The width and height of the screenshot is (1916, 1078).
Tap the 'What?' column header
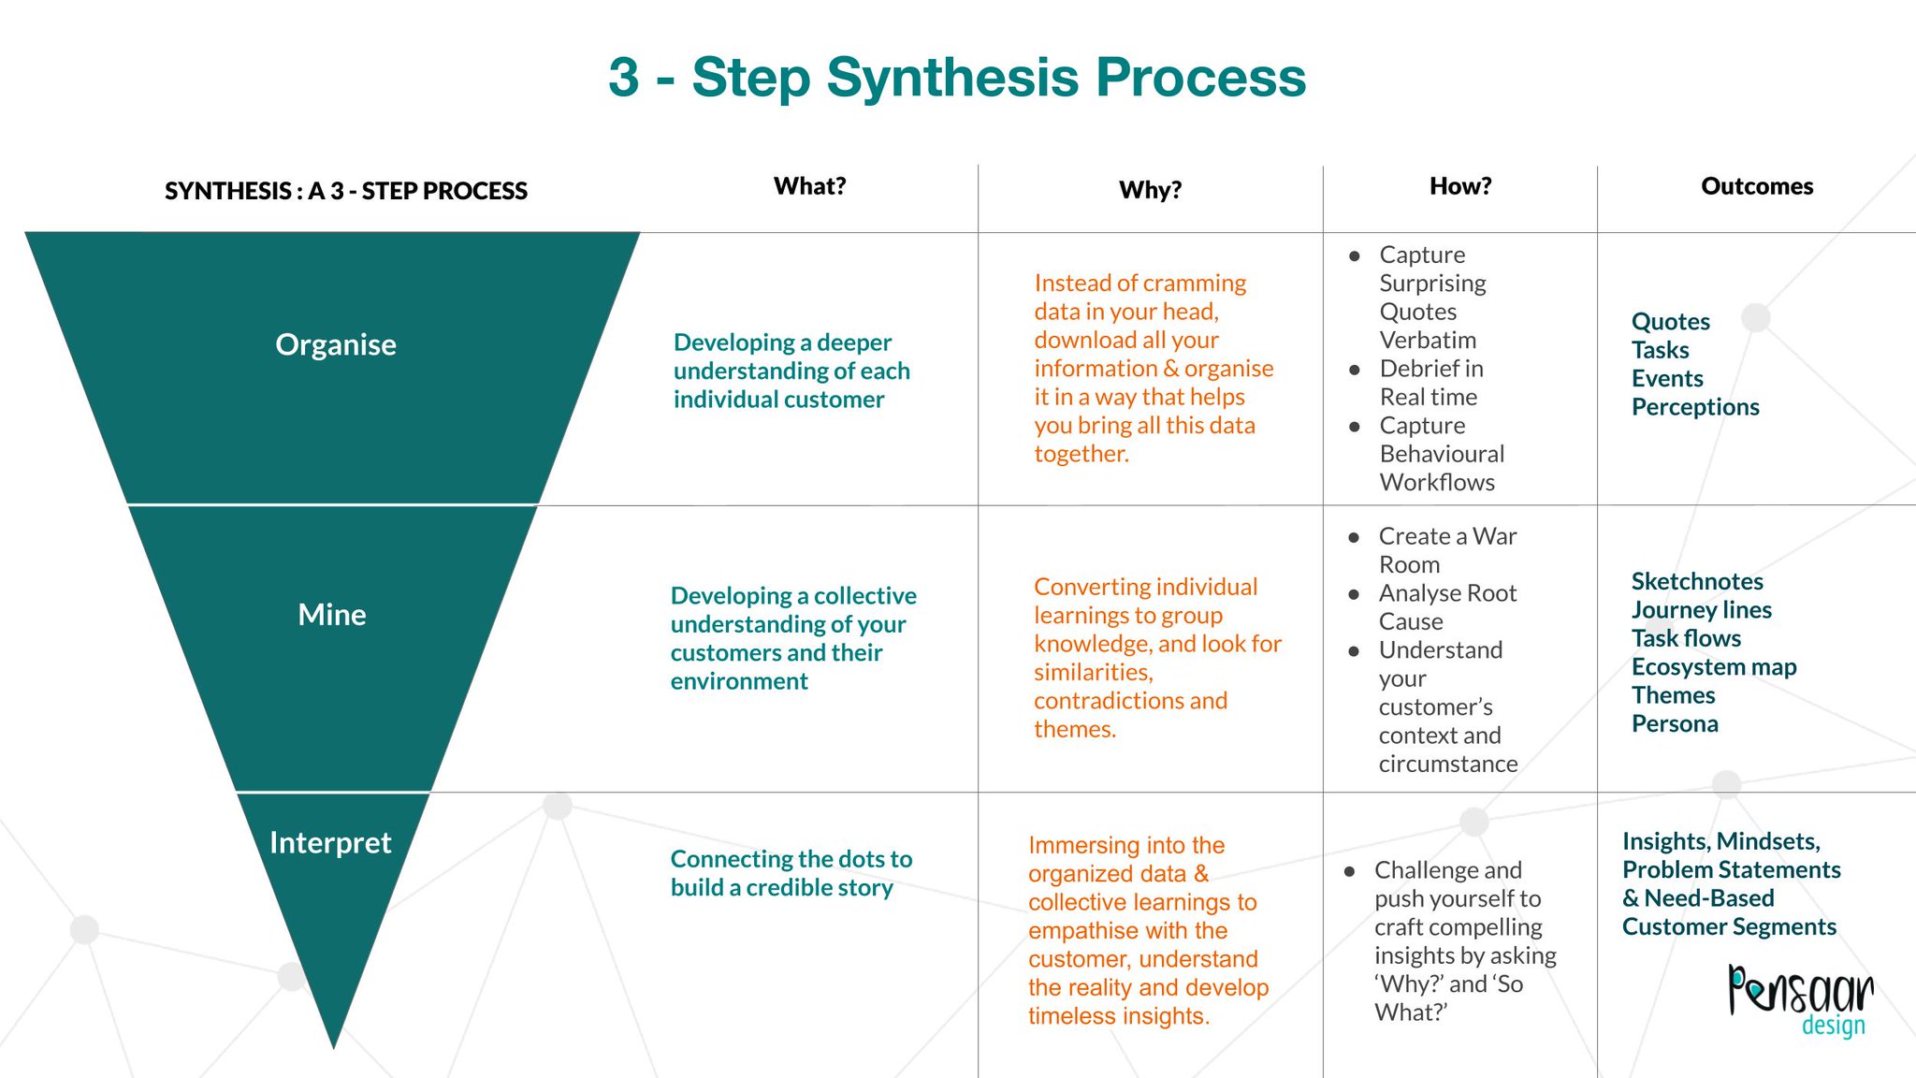click(x=809, y=186)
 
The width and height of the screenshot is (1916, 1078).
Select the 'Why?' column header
click(x=1150, y=190)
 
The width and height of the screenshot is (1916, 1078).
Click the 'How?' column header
click(x=1459, y=186)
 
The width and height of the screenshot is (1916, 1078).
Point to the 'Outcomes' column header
click(x=1756, y=186)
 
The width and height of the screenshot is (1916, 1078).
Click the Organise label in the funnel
click(x=335, y=344)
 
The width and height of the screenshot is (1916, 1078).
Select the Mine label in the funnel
click(x=331, y=615)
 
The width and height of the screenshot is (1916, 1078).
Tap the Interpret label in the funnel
click(x=329, y=842)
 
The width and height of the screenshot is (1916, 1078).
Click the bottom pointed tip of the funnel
click(x=333, y=1042)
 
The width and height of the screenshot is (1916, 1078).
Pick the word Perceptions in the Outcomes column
click(x=1694, y=407)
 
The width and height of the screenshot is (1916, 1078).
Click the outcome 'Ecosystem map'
click(x=1713, y=666)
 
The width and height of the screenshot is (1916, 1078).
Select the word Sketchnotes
click(x=1696, y=581)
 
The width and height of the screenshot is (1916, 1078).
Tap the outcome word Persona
click(x=1674, y=723)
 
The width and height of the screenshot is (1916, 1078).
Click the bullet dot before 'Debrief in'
click(x=1354, y=370)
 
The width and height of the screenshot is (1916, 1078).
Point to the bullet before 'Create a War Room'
click(x=1353, y=537)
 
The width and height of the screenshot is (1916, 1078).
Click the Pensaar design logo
click(x=1800, y=999)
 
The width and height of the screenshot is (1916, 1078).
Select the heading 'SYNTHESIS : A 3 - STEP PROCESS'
click(x=345, y=191)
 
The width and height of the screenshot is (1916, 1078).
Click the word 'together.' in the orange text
click(x=1081, y=454)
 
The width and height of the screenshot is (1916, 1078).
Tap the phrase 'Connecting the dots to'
click(x=791, y=859)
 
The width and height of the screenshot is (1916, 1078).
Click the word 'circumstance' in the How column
click(x=1447, y=764)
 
